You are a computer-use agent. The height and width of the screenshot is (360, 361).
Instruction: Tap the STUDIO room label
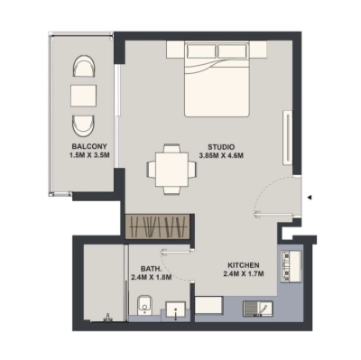coord(221,145)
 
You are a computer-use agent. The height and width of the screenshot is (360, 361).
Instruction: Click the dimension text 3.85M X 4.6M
coord(222,155)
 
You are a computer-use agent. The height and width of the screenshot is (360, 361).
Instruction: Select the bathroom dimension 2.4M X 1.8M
coord(150,278)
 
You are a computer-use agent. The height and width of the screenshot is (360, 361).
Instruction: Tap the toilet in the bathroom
coord(138,310)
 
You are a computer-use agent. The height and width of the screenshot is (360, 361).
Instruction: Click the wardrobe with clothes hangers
coord(158,226)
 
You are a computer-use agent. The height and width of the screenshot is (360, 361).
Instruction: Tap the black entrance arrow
coord(309,197)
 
